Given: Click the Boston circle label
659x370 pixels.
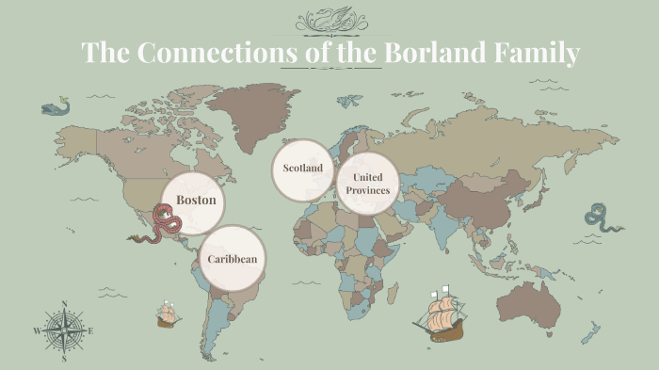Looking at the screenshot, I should [x=196, y=201].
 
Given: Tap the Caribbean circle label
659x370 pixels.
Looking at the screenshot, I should [x=233, y=258].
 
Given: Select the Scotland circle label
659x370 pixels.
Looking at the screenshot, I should [x=303, y=169].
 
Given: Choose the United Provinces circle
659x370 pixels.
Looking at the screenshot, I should [x=366, y=183].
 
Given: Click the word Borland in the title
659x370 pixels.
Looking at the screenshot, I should [x=442, y=53].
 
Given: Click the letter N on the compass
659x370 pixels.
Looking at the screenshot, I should [x=64, y=304].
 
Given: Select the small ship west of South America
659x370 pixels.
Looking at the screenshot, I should [x=168, y=314].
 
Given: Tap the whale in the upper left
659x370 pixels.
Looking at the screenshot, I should [x=55, y=107].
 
